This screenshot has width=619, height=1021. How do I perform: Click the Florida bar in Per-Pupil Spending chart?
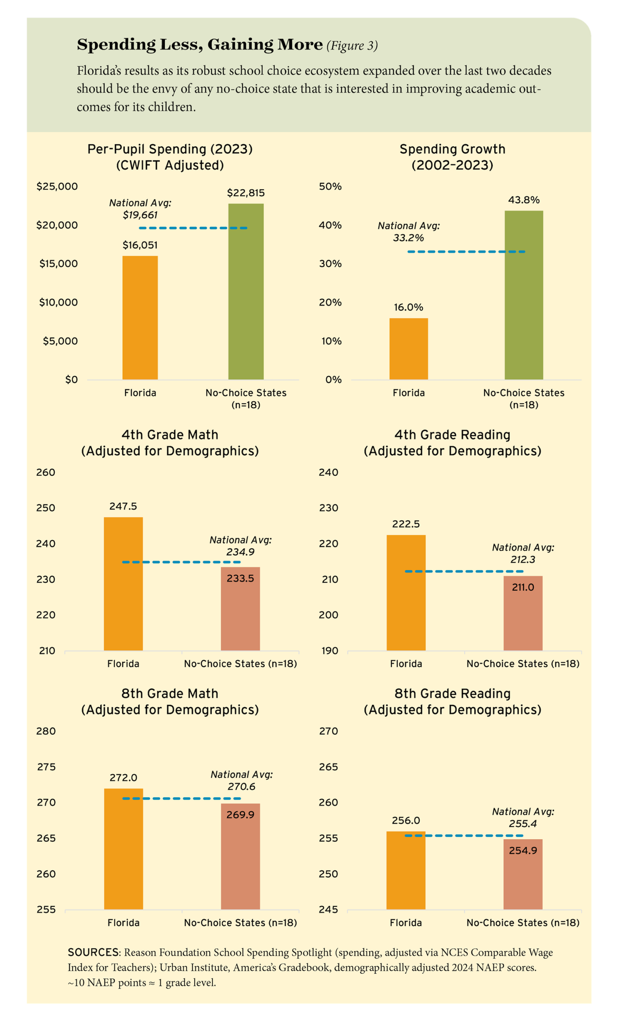(x=140, y=317)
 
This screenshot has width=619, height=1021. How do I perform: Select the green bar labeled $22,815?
(x=246, y=291)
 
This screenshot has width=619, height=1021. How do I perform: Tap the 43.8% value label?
(x=524, y=200)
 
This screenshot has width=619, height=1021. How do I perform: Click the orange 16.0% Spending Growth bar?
(x=408, y=349)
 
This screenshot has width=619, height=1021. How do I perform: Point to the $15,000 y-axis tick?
(x=58, y=264)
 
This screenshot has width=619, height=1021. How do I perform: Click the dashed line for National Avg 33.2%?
(x=466, y=252)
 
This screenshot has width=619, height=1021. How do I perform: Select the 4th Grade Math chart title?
(x=170, y=443)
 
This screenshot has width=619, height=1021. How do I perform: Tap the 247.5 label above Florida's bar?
(x=123, y=507)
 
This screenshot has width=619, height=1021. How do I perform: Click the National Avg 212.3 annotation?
(x=523, y=554)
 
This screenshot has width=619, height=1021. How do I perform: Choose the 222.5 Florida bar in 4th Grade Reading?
(x=406, y=593)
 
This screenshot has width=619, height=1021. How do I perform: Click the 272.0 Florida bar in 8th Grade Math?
(x=124, y=850)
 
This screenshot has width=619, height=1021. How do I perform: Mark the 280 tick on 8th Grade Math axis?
(x=46, y=731)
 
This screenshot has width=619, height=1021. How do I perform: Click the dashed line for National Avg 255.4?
(x=464, y=836)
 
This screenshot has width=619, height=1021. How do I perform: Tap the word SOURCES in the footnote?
(x=93, y=953)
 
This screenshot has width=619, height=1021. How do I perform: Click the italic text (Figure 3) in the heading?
(x=352, y=45)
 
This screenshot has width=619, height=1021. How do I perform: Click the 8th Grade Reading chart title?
(x=452, y=702)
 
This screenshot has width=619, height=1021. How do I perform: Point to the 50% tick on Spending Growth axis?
(x=330, y=187)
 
